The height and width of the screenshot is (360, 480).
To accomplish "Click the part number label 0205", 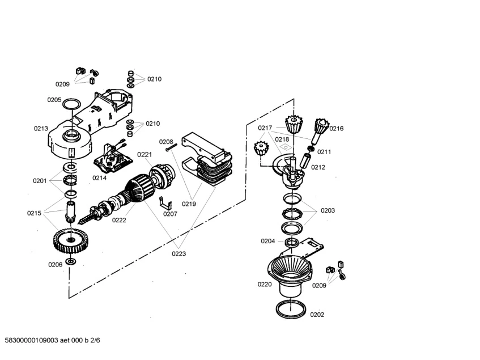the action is (54, 100).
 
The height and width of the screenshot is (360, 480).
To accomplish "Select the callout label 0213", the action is (41, 129).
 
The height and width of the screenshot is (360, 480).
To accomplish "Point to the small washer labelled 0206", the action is (71, 261).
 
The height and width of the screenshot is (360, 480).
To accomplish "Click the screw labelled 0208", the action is (171, 147).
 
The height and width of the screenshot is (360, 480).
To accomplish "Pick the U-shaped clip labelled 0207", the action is (165, 202).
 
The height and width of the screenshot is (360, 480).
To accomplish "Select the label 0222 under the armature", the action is (119, 220).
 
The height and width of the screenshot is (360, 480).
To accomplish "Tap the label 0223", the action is (179, 253).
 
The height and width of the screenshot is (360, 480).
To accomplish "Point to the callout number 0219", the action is (189, 204).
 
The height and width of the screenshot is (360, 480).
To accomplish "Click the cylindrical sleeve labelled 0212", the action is (305, 161).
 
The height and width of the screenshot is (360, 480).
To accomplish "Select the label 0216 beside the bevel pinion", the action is (337, 129).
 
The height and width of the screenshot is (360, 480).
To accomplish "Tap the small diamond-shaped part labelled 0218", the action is (285, 147).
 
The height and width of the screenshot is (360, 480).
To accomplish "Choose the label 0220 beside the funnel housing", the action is (265, 285).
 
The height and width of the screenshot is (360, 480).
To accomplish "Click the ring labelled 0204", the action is (292, 243).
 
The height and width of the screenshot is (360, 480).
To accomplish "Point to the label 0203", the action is (328, 210).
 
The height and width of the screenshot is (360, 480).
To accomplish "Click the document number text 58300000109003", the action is (32, 340).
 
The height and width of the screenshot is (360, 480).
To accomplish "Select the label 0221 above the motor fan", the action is (145, 155).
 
